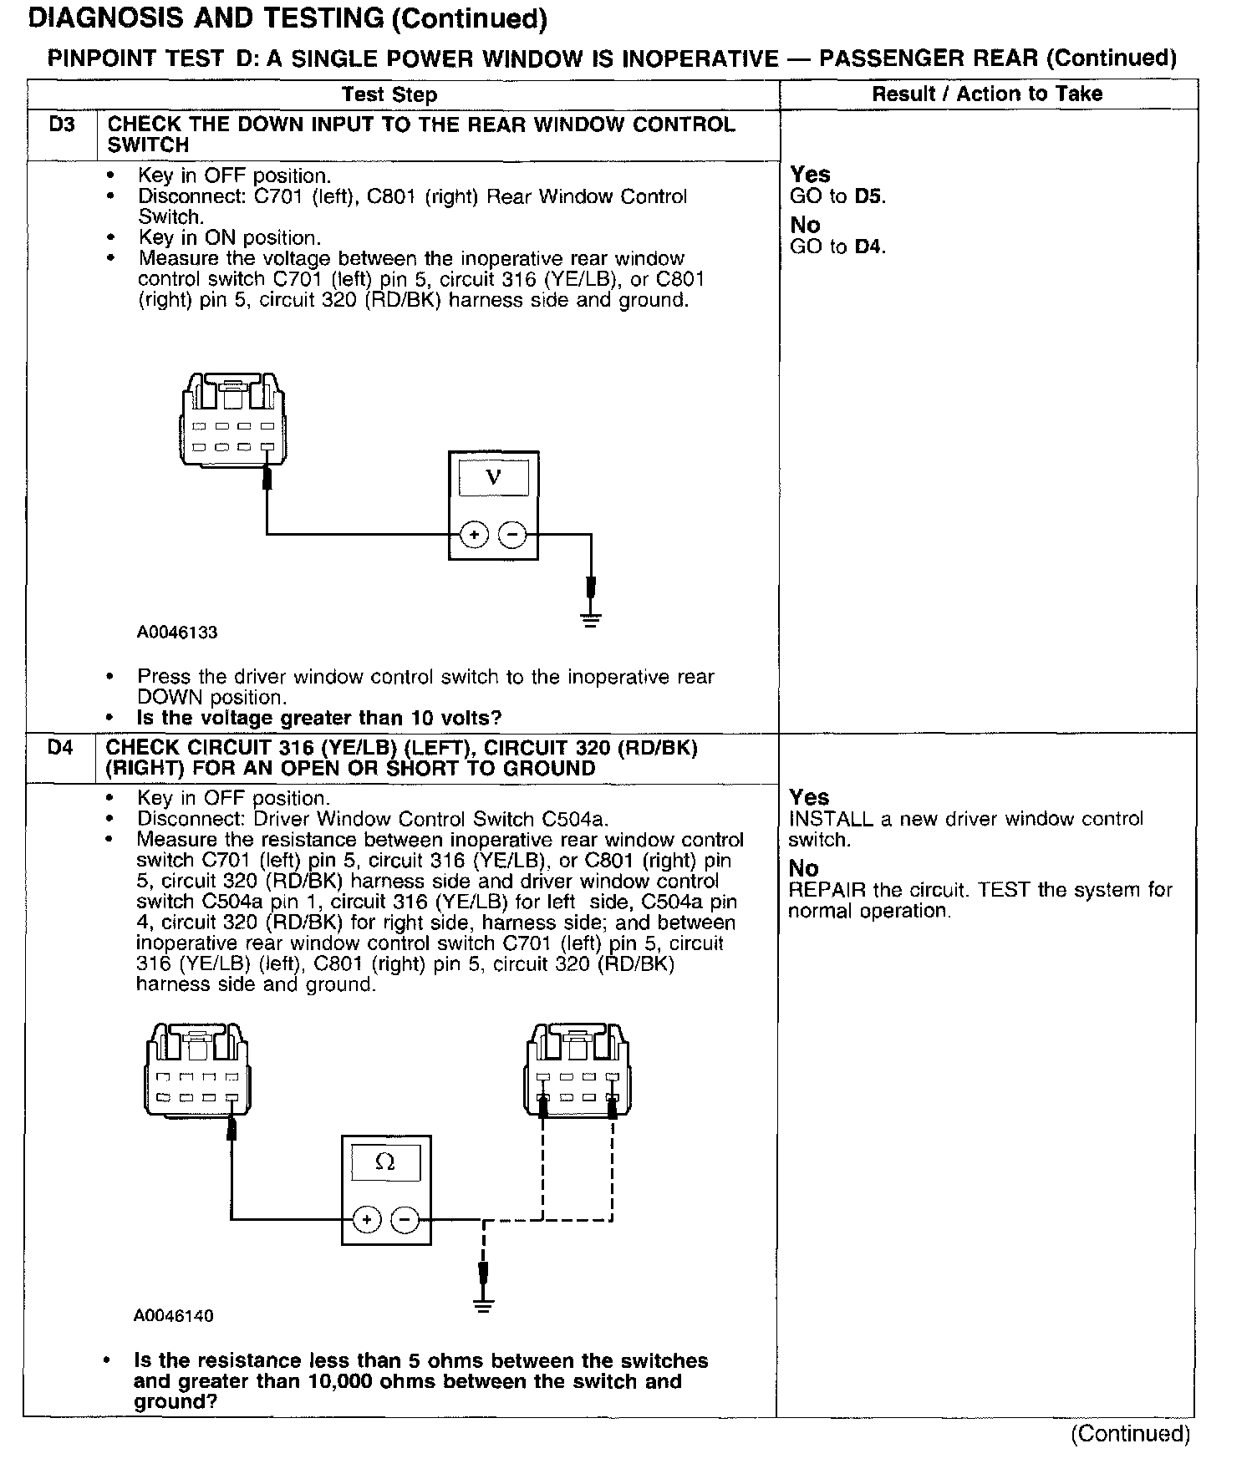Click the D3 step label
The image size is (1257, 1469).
tap(61, 125)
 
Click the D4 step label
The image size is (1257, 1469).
tap(60, 748)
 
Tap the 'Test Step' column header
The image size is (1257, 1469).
tap(389, 94)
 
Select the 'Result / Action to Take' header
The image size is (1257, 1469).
tap(987, 94)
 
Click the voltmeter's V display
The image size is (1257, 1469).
tap(493, 478)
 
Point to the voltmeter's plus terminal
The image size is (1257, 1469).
tap(474, 534)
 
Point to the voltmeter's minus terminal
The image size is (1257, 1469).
tap(512, 534)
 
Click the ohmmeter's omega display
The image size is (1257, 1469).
tap(385, 1162)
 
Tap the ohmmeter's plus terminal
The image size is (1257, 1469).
tap(366, 1220)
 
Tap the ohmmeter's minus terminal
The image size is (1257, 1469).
tap(405, 1220)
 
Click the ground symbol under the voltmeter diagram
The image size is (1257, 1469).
tap(591, 619)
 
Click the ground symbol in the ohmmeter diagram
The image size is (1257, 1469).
tap(483, 1304)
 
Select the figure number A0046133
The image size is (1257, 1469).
tap(177, 633)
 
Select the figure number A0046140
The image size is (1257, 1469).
tap(174, 1316)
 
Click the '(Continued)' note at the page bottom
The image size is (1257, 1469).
tap(1130, 1434)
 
